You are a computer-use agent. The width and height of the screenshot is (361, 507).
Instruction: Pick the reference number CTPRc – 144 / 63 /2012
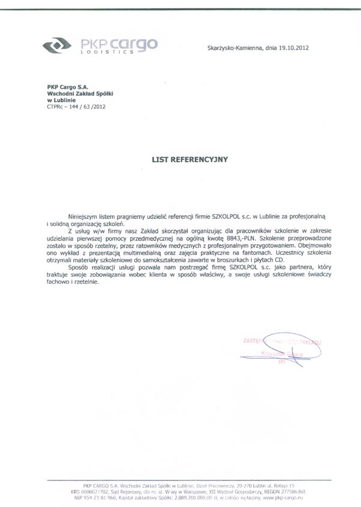point(75,106)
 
